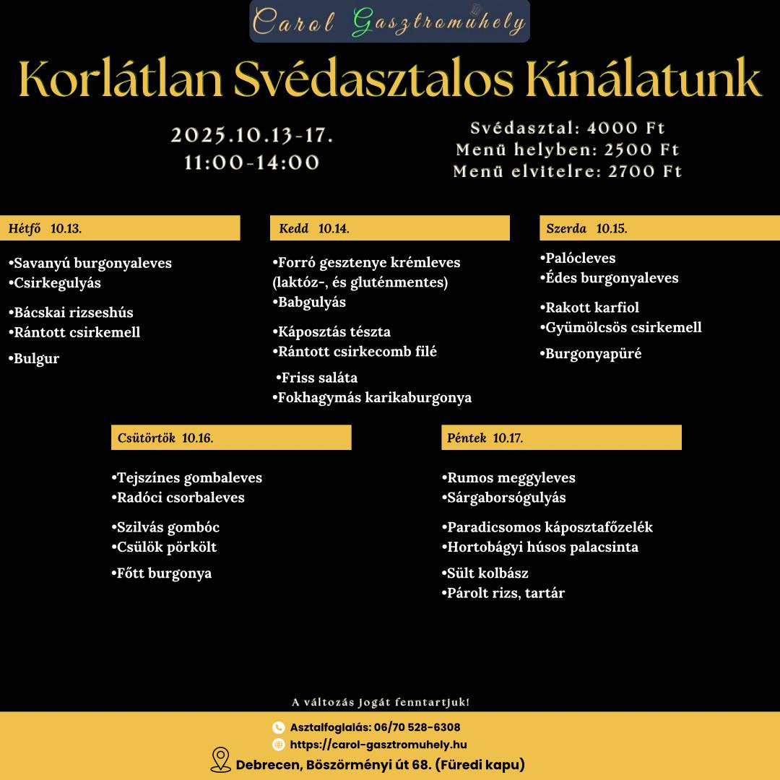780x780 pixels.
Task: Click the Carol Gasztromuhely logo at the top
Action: click(x=389, y=22)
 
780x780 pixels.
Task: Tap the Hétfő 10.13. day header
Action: click(x=120, y=228)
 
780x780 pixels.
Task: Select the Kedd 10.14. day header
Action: click(x=389, y=228)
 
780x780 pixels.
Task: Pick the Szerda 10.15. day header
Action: click(x=659, y=228)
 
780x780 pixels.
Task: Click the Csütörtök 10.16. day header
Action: click(x=231, y=438)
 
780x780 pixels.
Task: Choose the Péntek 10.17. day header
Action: click(x=561, y=438)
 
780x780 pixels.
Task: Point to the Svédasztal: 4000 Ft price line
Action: click(x=567, y=129)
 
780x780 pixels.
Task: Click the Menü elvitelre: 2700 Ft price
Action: click(x=567, y=172)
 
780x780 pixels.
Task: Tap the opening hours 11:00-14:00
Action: click(x=251, y=162)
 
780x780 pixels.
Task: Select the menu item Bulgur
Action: click(x=36, y=358)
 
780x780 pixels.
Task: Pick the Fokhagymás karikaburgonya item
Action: click(x=374, y=397)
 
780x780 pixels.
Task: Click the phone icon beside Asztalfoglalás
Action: click(x=278, y=727)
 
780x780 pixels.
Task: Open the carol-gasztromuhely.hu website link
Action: click(x=378, y=745)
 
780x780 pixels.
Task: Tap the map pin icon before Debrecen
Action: click(x=220, y=760)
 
